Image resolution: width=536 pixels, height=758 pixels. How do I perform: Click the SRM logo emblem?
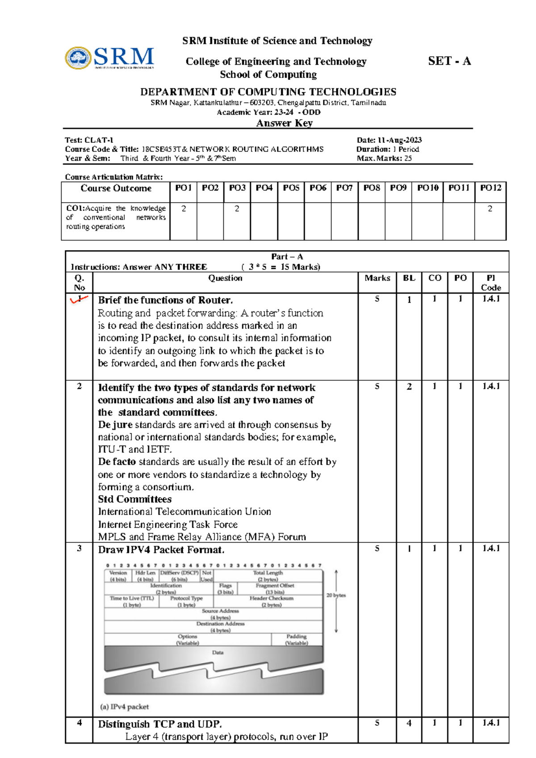coord(79,58)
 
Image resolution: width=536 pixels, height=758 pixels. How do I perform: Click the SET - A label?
coord(449,61)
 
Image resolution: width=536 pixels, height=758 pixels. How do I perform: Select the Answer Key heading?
coord(284,123)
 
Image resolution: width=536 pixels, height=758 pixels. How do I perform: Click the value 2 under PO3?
coord(237,208)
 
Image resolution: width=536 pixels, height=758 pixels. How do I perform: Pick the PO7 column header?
coord(344,188)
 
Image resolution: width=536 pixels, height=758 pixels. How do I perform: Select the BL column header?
coord(409,278)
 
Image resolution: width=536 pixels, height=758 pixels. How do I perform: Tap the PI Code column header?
coord(490,283)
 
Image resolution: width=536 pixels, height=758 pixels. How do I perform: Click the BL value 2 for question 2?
coord(409,387)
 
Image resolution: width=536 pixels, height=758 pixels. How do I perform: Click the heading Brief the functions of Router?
coord(165,300)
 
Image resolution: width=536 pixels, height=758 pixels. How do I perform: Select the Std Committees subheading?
coord(134,499)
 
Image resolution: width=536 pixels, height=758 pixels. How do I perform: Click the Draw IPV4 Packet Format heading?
coord(161,550)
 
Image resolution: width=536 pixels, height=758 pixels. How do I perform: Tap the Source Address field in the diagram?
coord(220,614)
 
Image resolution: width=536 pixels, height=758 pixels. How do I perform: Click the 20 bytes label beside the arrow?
coord(336,596)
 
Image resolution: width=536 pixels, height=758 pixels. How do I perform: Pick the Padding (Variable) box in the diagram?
coord(297,639)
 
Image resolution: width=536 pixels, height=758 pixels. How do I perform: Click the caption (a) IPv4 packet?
coord(125,707)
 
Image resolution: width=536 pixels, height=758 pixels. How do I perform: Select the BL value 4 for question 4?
coord(409,723)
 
